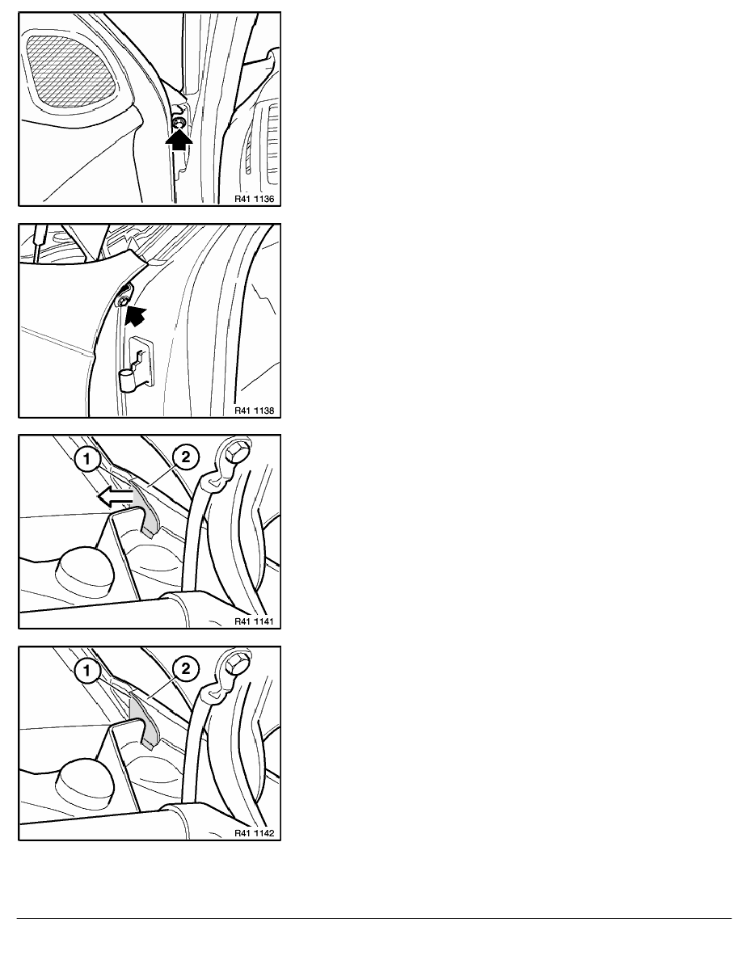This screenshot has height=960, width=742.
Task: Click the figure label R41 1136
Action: pos(254,199)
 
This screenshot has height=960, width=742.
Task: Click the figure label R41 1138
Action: pos(254,411)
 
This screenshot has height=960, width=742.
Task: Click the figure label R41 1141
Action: pos(254,621)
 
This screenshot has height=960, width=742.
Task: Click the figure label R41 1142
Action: pos(254,833)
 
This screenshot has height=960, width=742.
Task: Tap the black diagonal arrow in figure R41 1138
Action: pos(136,316)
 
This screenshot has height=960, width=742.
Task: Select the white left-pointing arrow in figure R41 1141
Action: pos(115,498)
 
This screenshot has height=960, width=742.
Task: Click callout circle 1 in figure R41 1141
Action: pos(87,458)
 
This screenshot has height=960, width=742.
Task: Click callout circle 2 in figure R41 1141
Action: pos(186,457)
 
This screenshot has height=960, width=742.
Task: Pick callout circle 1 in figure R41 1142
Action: pos(87,671)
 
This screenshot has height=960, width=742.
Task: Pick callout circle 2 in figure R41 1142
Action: pos(186,668)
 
